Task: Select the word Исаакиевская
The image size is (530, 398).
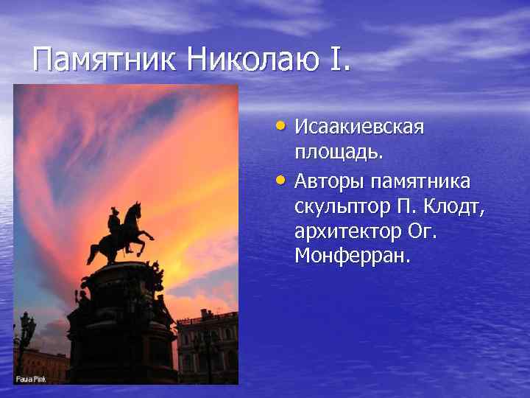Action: tap(359, 127)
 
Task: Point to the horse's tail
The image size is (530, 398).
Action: tap(93, 251)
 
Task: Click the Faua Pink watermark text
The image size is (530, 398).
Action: tap(31, 379)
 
